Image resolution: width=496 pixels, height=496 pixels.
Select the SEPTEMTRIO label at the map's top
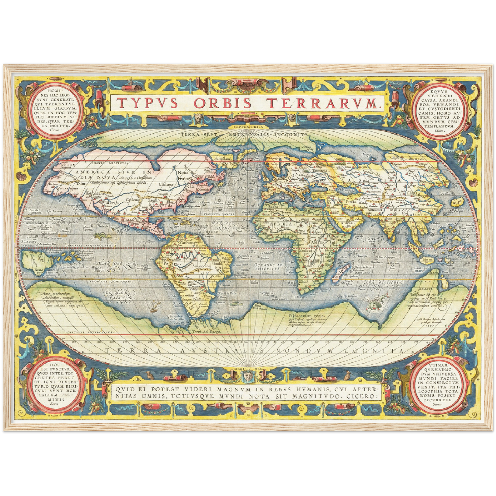point(247,127)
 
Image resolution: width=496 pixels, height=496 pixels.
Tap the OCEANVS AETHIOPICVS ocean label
point(268,266)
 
